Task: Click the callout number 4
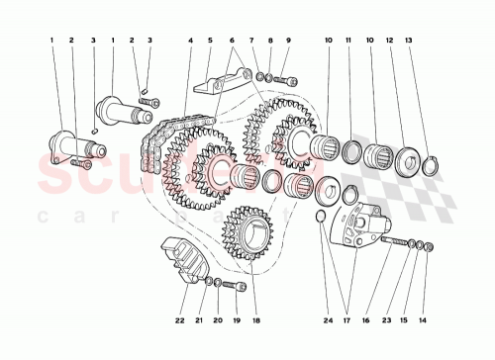[x=189, y=41]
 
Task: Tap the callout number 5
[x=209, y=41]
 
